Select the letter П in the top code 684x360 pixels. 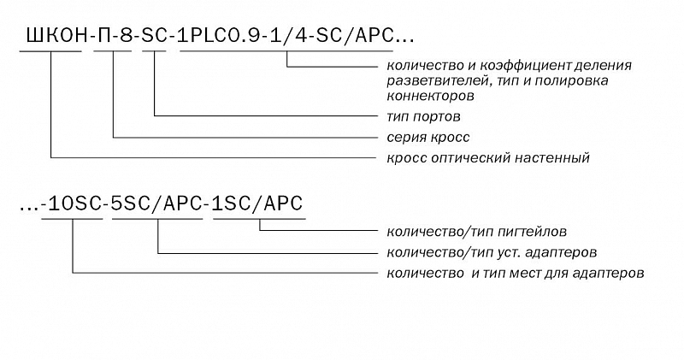(x=104, y=36)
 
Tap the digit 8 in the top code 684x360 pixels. (x=126, y=36)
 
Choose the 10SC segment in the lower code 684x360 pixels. (x=74, y=204)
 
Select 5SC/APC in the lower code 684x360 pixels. (x=157, y=204)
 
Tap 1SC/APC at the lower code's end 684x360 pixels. (x=257, y=204)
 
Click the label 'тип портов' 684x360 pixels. (x=423, y=117)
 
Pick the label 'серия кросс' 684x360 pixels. (x=428, y=138)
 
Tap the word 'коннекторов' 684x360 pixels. (x=431, y=96)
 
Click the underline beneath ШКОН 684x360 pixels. (x=50, y=51)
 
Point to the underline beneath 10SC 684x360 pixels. (x=72, y=219)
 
